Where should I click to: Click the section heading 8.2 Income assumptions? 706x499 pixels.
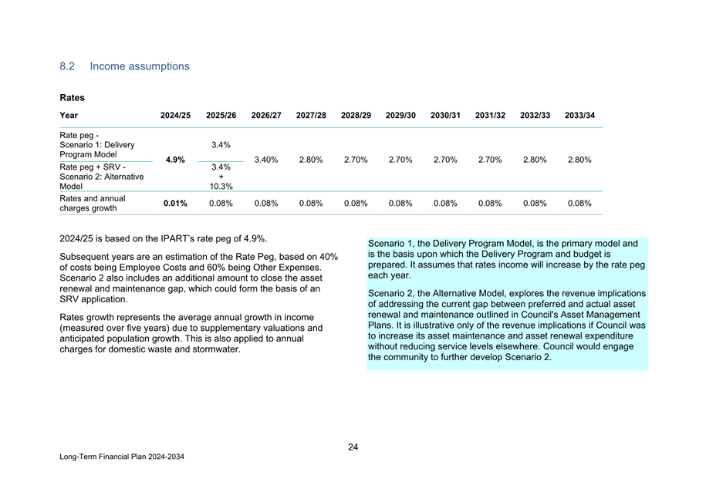tap(124, 66)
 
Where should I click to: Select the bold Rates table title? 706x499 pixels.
tap(72, 98)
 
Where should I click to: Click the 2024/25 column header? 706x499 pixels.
tap(175, 116)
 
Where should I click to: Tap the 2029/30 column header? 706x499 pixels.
tap(400, 116)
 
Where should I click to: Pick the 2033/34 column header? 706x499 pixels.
tap(579, 116)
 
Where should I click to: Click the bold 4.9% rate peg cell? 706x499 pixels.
tap(175, 160)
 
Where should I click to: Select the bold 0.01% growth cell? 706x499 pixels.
tap(175, 204)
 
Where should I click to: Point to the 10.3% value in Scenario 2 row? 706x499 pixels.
tap(221, 186)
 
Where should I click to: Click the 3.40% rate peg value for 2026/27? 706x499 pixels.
tap(265, 160)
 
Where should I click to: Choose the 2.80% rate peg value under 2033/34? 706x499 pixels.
tap(579, 160)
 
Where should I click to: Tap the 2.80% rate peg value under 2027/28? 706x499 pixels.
tap(310, 160)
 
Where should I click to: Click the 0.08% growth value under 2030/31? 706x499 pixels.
tap(445, 204)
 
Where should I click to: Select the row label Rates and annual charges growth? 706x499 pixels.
tap(93, 203)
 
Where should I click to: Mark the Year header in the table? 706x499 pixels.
tap(69, 116)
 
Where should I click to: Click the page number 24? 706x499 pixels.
tap(353, 447)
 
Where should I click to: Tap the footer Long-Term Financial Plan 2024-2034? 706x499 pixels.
tap(122, 457)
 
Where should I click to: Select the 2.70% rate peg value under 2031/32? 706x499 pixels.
tap(490, 160)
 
